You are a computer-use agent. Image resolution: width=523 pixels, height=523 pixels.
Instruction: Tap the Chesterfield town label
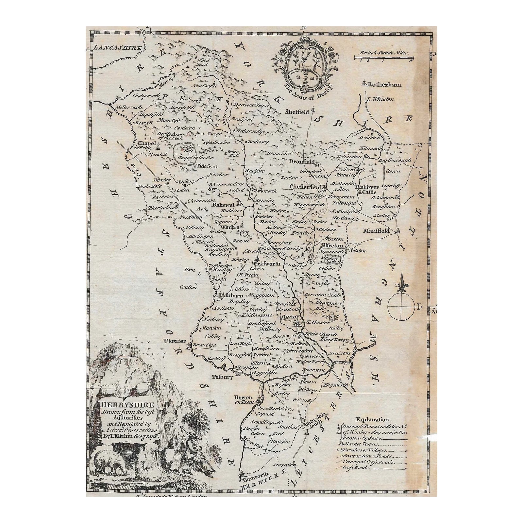(306, 187)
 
